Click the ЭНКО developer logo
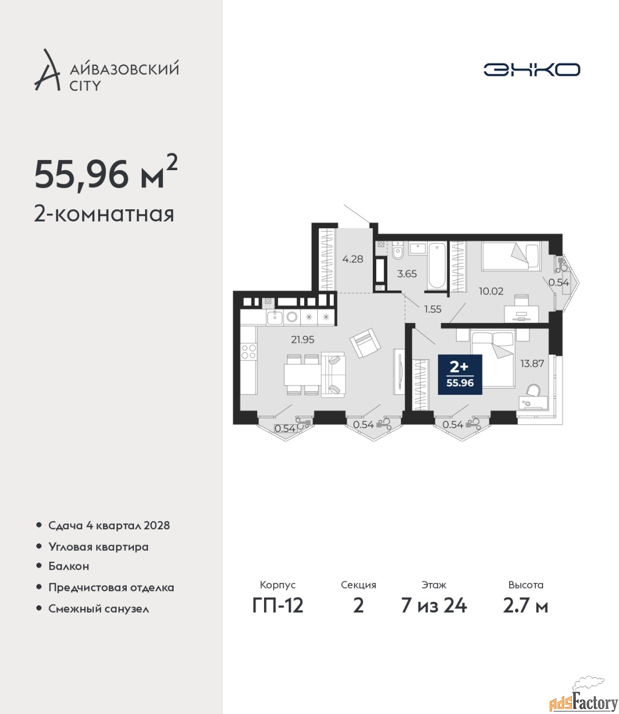coord(531,69)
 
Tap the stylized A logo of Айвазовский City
coord(47,70)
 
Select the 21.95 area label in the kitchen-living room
coord(303,340)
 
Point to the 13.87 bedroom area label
coord(532,363)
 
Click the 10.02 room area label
coord(491,291)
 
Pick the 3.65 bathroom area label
coord(407,273)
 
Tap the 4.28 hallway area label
coord(353,259)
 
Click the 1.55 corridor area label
coord(433,309)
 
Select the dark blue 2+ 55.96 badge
coord(460,374)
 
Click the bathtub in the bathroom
coord(436,266)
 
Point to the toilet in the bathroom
coord(398,253)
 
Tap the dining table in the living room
coord(303,374)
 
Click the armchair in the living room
coord(365,343)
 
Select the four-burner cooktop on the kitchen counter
coord(248,351)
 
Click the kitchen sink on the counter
coord(275,317)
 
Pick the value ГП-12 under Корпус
coord(277,606)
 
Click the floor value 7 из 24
coord(434,606)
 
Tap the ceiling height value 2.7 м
coord(525,606)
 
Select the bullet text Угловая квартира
coord(98,547)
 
